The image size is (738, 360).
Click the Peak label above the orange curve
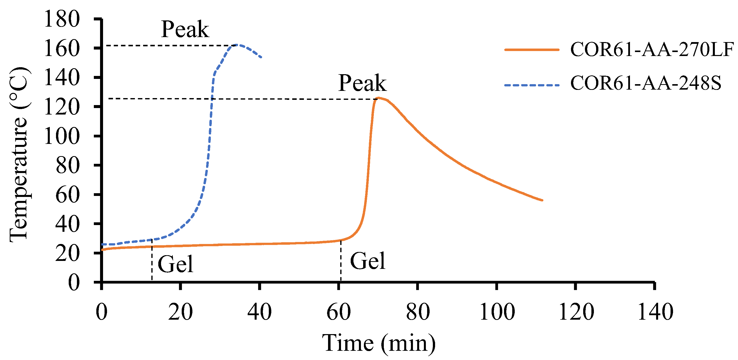(362, 83)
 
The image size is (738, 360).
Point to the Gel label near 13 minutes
(175, 264)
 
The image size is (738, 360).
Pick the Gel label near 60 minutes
(368, 261)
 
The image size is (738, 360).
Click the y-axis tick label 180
(61, 19)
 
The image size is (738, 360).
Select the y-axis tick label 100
(61, 136)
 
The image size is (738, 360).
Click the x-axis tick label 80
(418, 312)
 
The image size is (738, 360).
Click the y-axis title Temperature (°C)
(19, 155)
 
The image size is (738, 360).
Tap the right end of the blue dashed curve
(261, 57)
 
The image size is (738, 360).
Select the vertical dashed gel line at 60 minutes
(341, 261)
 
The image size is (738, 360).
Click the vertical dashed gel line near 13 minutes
(152, 261)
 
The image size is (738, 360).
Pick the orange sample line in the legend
(532, 50)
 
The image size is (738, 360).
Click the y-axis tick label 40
(67, 224)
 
